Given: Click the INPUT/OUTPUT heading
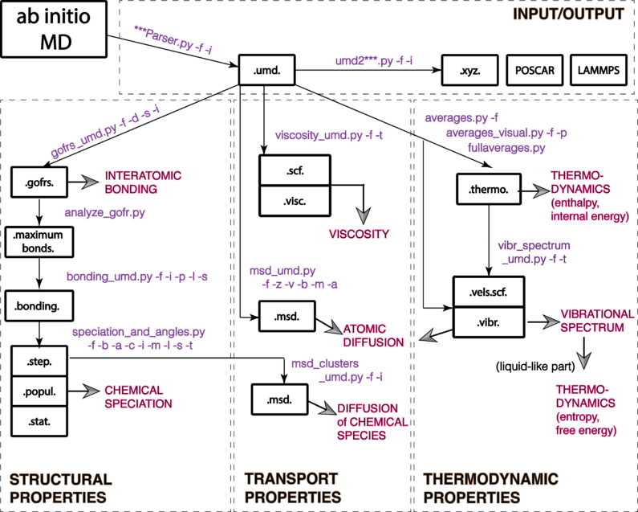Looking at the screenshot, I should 567,14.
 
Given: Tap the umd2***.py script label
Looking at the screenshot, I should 374,61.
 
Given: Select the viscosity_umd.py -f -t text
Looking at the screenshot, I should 328,135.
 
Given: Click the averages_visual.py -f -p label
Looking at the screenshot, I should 506,133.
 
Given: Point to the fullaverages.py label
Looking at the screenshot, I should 506,148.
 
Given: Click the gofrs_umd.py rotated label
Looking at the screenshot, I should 105,131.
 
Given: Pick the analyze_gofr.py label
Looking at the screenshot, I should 105,213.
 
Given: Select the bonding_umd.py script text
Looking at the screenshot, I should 137,277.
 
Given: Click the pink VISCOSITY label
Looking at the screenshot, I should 359,235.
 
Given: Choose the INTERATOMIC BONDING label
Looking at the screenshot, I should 143,182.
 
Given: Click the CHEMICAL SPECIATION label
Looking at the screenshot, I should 138,397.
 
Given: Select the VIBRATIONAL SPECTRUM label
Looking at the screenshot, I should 596,321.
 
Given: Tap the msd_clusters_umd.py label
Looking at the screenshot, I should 337,371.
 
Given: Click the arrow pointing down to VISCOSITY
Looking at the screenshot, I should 363,215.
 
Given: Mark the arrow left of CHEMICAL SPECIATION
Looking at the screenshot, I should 91,391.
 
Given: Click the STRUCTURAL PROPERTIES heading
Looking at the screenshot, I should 60,489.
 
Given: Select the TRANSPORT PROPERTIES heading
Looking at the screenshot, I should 292,489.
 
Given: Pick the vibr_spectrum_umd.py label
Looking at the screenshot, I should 534,252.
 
